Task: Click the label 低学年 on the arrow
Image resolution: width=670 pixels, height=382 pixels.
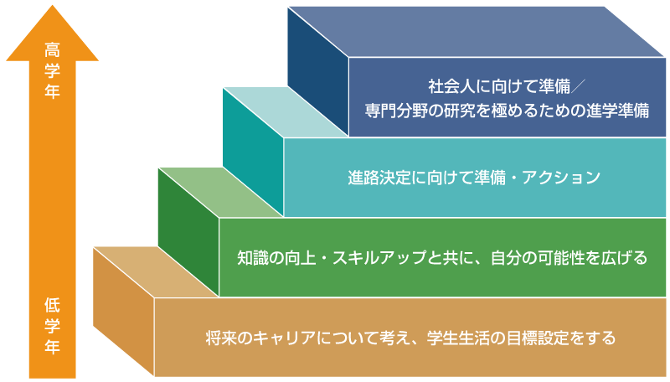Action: [52, 322]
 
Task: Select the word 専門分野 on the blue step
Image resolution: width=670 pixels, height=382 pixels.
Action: [394, 110]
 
